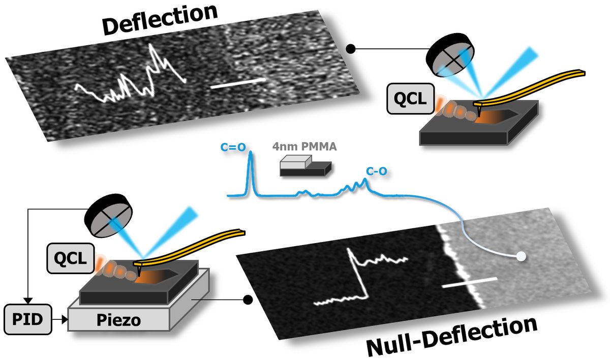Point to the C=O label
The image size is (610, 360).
point(233,147)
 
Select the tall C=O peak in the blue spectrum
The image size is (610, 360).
point(250,173)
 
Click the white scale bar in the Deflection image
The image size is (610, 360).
point(238,83)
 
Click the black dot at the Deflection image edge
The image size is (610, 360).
point(350,49)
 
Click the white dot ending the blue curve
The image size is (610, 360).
point(520,257)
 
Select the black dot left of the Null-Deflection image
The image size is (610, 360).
point(247,301)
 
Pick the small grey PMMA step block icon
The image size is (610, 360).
point(305,166)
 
